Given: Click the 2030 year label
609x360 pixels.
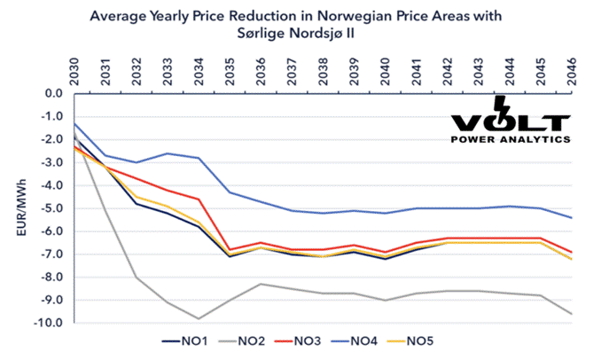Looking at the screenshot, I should click(x=74, y=69).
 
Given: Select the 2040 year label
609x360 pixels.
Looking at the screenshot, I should click(x=384, y=69).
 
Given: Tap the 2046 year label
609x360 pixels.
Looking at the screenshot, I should click(x=569, y=69).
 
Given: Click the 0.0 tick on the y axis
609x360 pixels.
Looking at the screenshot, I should click(x=52, y=93).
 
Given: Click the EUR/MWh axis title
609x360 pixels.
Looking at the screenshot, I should click(x=15, y=208).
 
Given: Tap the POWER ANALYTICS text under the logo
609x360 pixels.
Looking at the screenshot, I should click(x=509, y=139).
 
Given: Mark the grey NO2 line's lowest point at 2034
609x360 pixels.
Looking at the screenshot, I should click(x=199, y=318).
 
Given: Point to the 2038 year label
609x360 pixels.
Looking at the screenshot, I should click(x=322, y=69).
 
